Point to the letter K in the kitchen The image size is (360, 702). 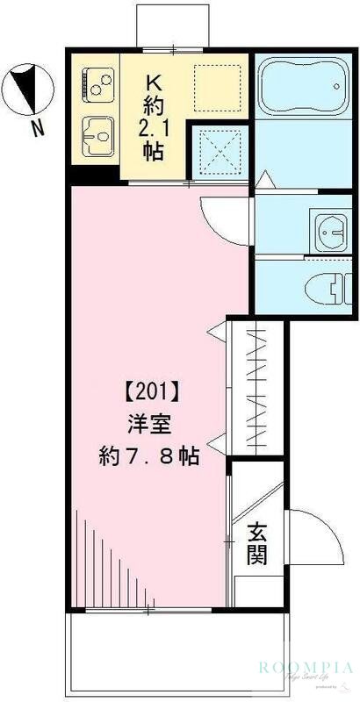coord(155,82)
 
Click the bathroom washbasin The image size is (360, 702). coord(333,231)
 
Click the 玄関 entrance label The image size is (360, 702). coord(256,544)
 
